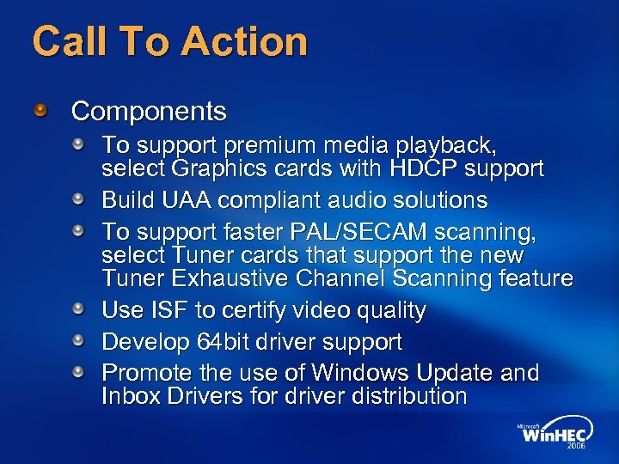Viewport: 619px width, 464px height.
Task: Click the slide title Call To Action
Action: pos(169,41)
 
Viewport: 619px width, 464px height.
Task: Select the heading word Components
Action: pos(149,112)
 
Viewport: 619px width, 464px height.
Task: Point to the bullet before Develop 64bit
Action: pos(77,341)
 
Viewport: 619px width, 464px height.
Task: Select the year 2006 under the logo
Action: pos(577,447)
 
